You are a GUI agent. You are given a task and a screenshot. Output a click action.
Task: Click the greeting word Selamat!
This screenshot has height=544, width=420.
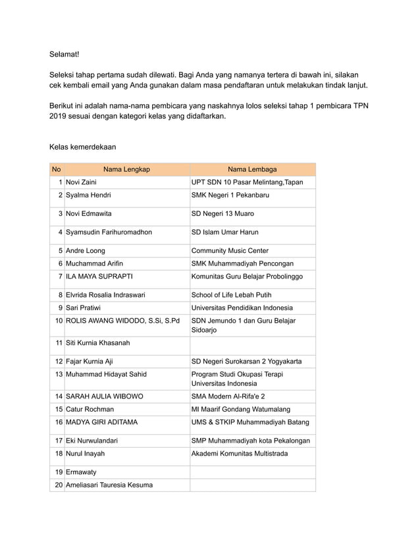click(68, 53)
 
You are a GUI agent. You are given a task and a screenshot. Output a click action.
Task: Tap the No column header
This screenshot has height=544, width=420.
click(57, 169)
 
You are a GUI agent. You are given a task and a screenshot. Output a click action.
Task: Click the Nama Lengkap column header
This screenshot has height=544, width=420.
click(126, 169)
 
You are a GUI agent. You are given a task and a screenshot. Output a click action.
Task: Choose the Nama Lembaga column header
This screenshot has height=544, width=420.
click(252, 169)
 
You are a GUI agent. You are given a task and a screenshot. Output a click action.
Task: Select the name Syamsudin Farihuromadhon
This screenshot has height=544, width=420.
click(109, 232)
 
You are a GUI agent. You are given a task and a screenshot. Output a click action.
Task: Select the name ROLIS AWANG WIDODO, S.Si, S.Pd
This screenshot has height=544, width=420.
click(122, 321)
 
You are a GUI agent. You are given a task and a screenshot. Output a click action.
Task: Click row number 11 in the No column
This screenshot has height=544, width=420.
click(59, 343)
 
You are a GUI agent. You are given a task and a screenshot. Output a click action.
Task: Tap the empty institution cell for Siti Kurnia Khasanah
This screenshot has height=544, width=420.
click(252, 343)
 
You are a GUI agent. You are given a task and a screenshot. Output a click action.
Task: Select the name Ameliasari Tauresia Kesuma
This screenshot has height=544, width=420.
click(109, 485)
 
